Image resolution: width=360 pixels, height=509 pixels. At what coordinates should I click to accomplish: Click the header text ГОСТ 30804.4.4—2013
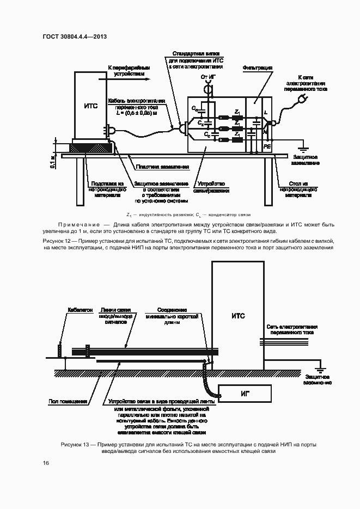click(74, 36)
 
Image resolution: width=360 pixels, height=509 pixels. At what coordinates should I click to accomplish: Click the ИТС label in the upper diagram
click(91, 106)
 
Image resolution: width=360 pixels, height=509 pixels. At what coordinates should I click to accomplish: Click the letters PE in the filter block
click(267, 147)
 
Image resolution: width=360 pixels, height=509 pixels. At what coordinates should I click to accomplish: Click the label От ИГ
click(209, 78)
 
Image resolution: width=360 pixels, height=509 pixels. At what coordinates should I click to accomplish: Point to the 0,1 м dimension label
click(53, 161)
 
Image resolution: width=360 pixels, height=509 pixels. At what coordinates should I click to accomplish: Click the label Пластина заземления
click(162, 167)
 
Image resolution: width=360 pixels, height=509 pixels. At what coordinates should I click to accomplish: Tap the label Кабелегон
click(80, 310)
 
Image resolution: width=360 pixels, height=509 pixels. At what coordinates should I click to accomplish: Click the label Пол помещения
click(68, 402)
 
